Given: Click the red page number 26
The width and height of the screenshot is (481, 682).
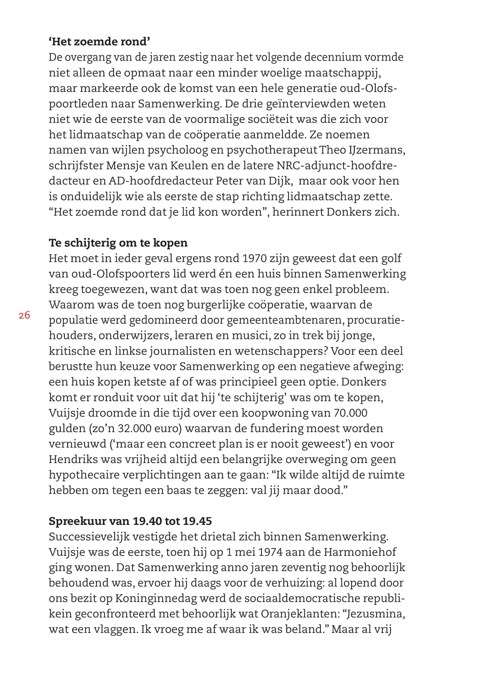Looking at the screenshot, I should [24, 315].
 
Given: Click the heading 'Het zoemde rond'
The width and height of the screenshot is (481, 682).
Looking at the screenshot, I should [99, 42].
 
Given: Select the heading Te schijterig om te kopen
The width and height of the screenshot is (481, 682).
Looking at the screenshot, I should [118, 243].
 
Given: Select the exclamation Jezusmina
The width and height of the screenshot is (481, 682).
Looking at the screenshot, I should [375, 614].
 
